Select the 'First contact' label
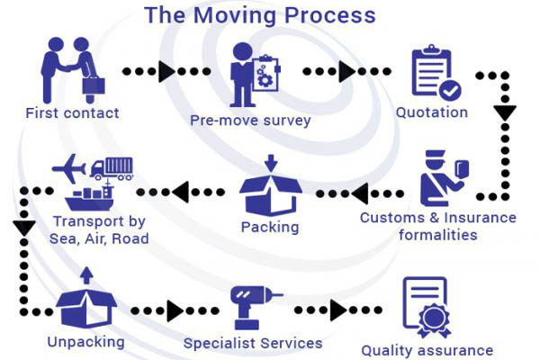[73, 112]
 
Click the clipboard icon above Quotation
[436, 73]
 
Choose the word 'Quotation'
[432, 112]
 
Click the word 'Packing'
[269, 226]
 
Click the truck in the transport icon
[112, 168]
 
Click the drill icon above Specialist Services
[253, 306]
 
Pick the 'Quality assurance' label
[427, 350]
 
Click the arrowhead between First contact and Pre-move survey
[166, 71]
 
